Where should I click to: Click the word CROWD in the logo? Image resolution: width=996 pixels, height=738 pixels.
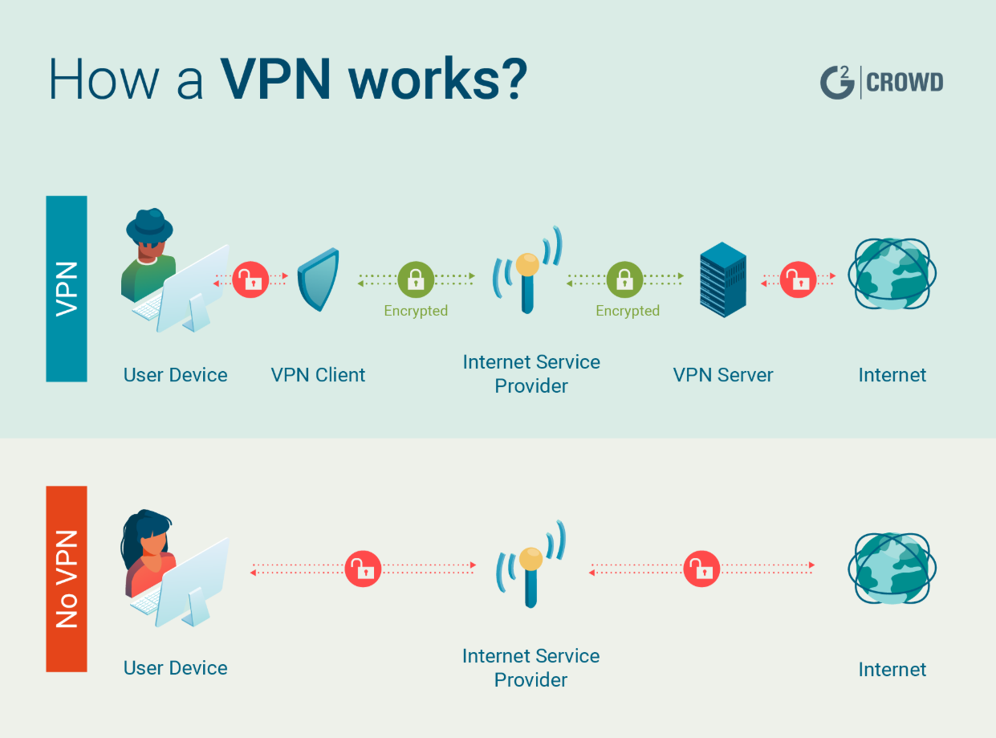click(905, 83)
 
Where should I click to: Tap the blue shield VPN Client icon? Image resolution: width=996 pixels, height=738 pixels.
click(319, 279)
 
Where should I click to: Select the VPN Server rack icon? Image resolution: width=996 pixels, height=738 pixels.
click(722, 279)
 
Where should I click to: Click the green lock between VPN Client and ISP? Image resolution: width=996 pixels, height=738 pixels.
click(416, 279)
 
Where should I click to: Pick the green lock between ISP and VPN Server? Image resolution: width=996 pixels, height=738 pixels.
click(624, 279)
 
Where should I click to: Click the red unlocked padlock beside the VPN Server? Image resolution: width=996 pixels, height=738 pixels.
click(798, 279)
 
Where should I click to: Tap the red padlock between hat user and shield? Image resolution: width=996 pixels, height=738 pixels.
click(250, 279)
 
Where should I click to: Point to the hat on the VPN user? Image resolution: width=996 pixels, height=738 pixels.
click(149, 223)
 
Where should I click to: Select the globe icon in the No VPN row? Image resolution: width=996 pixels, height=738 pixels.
click(892, 568)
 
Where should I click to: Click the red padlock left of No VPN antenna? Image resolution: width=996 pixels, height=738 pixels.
click(363, 569)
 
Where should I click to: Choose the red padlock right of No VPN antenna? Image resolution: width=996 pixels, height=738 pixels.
click(702, 569)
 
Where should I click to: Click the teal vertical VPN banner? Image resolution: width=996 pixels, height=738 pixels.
click(67, 288)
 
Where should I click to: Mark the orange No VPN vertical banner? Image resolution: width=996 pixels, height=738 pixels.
click(67, 578)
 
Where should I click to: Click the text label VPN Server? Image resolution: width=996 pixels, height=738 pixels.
click(722, 375)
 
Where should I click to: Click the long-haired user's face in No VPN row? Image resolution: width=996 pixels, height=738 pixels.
click(153, 543)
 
